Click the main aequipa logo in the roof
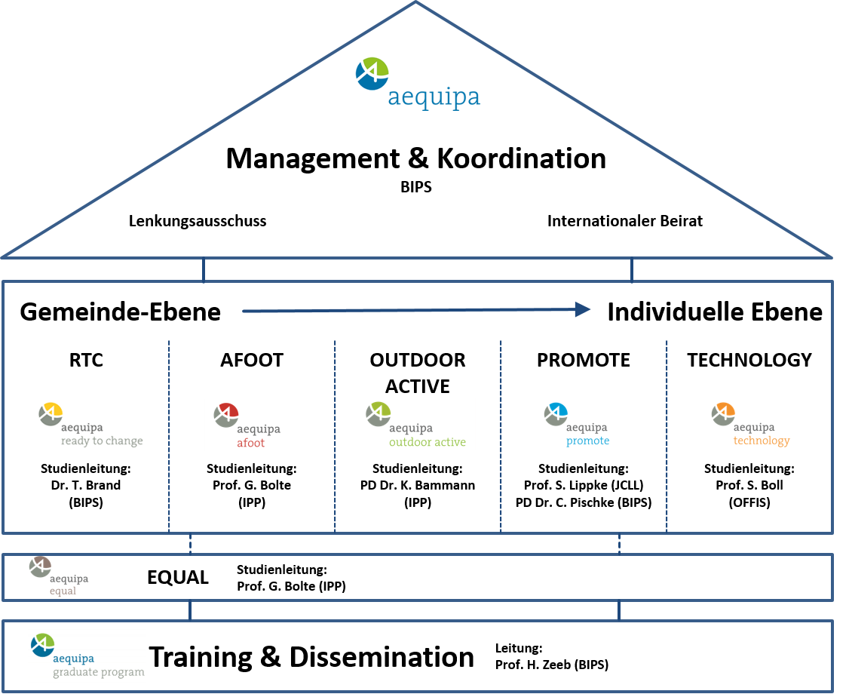click(418, 84)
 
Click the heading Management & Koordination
click(416, 158)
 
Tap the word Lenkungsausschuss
click(198, 221)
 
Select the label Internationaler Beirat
click(625, 221)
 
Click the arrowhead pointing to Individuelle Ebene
click(583, 309)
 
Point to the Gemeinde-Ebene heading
click(120, 312)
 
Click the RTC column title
click(86, 360)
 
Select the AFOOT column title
click(252, 360)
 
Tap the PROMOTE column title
click(584, 360)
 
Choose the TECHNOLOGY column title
click(750, 360)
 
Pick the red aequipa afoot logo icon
click(226, 415)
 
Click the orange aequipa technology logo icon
click(723, 414)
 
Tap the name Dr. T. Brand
click(86, 485)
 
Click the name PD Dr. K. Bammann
click(418, 485)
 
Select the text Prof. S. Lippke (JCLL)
click(584, 485)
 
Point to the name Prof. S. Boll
click(750, 485)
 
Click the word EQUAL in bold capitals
click(178, 578)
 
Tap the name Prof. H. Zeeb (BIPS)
click(552, 665)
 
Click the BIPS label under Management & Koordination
click(416, 187)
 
